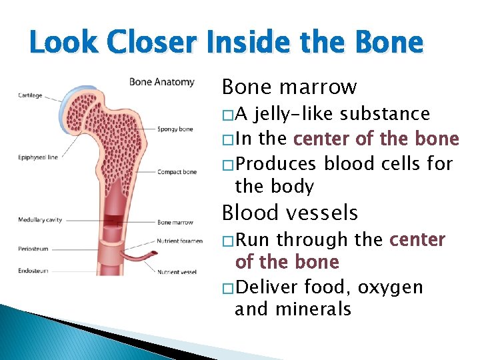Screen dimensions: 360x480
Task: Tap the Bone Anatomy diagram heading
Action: coord(161,82)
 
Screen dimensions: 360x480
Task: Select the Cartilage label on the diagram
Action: coord(30,95)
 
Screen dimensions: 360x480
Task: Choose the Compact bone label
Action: coord(177,172)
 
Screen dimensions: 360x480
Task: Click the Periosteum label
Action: coord(33,249)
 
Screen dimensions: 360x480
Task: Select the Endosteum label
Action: coord(33,271)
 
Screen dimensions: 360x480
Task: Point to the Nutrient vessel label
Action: coord(177,271)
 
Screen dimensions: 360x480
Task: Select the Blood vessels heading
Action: coord(289,213)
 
